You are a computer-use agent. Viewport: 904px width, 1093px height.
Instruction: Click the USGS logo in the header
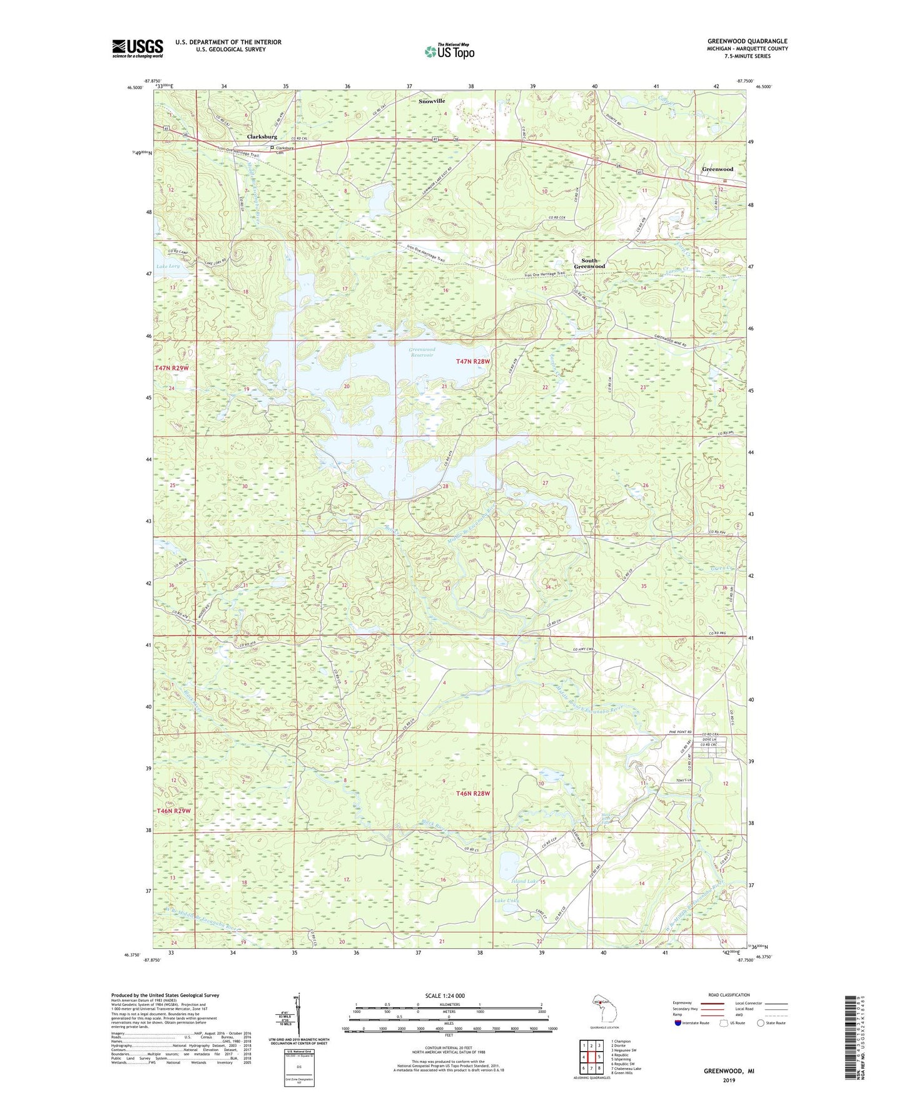[x=138, y=48]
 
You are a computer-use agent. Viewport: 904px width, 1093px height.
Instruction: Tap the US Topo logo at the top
[x=449, y=51]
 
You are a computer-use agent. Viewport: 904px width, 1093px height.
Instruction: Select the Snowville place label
[x=432, y=101]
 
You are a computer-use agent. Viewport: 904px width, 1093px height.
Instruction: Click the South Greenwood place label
[x=589, y=264]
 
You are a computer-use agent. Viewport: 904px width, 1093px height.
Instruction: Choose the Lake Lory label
[x=168, y=266]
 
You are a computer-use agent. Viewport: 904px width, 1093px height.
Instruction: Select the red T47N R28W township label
[x=474, y=362]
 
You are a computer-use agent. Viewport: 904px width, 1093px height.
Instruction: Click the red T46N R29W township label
[x=173, y=811]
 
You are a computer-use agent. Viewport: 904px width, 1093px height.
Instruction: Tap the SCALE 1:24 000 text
[x=445, y=995]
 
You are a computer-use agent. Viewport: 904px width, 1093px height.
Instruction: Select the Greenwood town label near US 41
[x=717, y=170]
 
